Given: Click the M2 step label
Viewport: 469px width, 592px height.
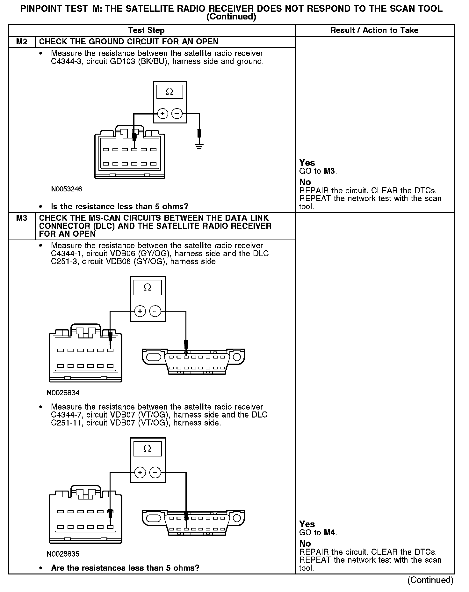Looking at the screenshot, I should coord(22,42).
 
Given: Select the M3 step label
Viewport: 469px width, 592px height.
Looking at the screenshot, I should coord(22,218).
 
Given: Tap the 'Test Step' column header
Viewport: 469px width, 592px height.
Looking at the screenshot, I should coord(146,30).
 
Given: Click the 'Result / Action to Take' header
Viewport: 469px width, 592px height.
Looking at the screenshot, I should coord(374,30).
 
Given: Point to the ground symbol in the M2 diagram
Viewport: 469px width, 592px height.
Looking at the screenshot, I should coord(199,147).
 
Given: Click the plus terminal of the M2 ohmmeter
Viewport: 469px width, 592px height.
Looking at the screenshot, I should coord(162,114).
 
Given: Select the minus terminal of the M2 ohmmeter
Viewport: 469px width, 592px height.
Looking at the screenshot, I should coord(177,114).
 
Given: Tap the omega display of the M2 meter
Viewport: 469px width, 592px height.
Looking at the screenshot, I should coord(170,92).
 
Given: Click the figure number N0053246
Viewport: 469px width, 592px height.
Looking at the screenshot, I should coord(67,189).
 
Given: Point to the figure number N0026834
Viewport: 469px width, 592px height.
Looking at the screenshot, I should coord(63,393).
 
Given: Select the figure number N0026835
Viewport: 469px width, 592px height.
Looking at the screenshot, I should coord(63,554).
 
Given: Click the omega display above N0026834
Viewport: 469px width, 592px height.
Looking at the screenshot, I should coord(147,288).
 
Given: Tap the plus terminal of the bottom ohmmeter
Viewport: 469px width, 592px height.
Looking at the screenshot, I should coord(140,472).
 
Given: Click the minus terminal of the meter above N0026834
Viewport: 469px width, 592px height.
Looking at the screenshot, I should coord(155,311).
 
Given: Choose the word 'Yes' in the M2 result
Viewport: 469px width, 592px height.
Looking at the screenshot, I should coord(307,163).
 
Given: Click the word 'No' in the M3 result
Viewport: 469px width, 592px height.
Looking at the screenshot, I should coord(305,544).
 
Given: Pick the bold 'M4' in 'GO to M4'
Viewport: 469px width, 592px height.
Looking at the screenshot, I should coord(330,532).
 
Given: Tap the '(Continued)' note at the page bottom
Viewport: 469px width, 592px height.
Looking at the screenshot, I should coord(430,580).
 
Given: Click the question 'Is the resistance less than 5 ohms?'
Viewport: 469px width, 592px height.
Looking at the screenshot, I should coord(120,206).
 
